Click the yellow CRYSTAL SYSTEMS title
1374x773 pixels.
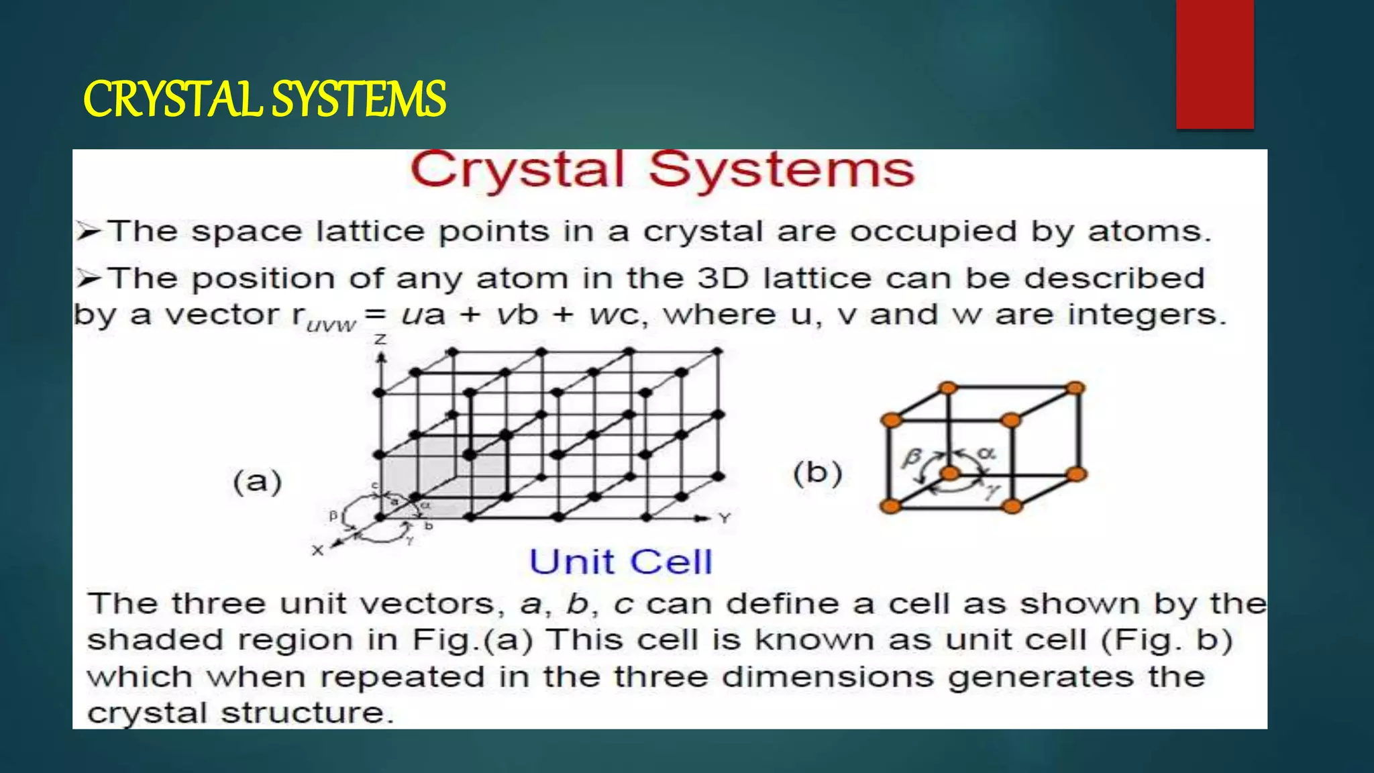coord(264,99)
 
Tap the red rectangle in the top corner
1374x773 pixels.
coord(1214,64)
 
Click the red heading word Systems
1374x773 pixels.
coord(782,170)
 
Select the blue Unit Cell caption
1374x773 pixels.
coord(621,562)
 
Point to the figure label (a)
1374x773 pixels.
coord(257,482)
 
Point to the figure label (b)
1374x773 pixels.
coord(817,473)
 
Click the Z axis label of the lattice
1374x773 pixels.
coord(380,340)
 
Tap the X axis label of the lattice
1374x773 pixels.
coord(317,551)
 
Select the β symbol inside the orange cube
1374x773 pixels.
coord(910,458)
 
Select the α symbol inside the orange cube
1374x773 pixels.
coord(986,453)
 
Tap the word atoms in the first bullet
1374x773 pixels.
coord(1149,231)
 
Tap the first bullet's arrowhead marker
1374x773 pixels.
coord(88,232)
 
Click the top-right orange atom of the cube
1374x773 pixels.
coord(1075,388)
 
